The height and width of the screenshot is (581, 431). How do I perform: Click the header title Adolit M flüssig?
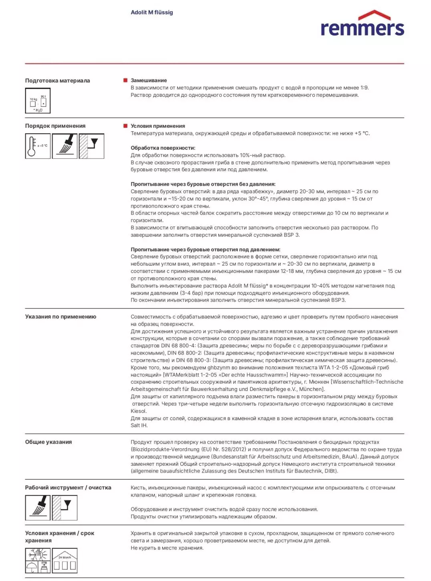[x=152, y=12]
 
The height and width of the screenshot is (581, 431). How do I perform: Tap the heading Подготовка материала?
[x=57, y=80]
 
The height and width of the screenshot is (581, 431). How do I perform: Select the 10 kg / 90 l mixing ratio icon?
[x=38, y=101]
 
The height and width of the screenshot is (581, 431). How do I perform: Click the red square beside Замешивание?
[x=125, y=80]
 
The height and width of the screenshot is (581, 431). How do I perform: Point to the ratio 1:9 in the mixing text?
[x=364, y=88]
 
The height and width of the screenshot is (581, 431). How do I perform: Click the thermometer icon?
[x=38, y=146]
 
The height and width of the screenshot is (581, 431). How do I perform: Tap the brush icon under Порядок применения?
[x=64, y=146]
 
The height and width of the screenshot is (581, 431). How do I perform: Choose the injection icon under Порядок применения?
[x=91, y=146]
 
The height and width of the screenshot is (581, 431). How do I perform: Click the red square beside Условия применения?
[x=125, y=126]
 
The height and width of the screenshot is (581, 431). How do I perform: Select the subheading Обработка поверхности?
[x=163, y=148]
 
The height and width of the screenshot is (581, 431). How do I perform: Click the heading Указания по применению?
[x=60, y=317]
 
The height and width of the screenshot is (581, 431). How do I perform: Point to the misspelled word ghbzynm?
[x=219, y=367]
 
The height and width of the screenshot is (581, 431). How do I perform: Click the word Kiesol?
[x=139, y=411]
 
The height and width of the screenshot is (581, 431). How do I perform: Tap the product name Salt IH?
[x=139, y=425]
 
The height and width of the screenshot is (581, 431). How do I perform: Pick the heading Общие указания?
[x=48, y=442]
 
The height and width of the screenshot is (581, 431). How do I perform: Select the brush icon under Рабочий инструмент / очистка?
[x=38, y=508]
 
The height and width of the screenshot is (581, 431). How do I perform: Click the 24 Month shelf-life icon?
[x=64, y=561]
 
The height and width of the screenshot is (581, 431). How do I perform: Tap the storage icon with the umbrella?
[x=38, y=561]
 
